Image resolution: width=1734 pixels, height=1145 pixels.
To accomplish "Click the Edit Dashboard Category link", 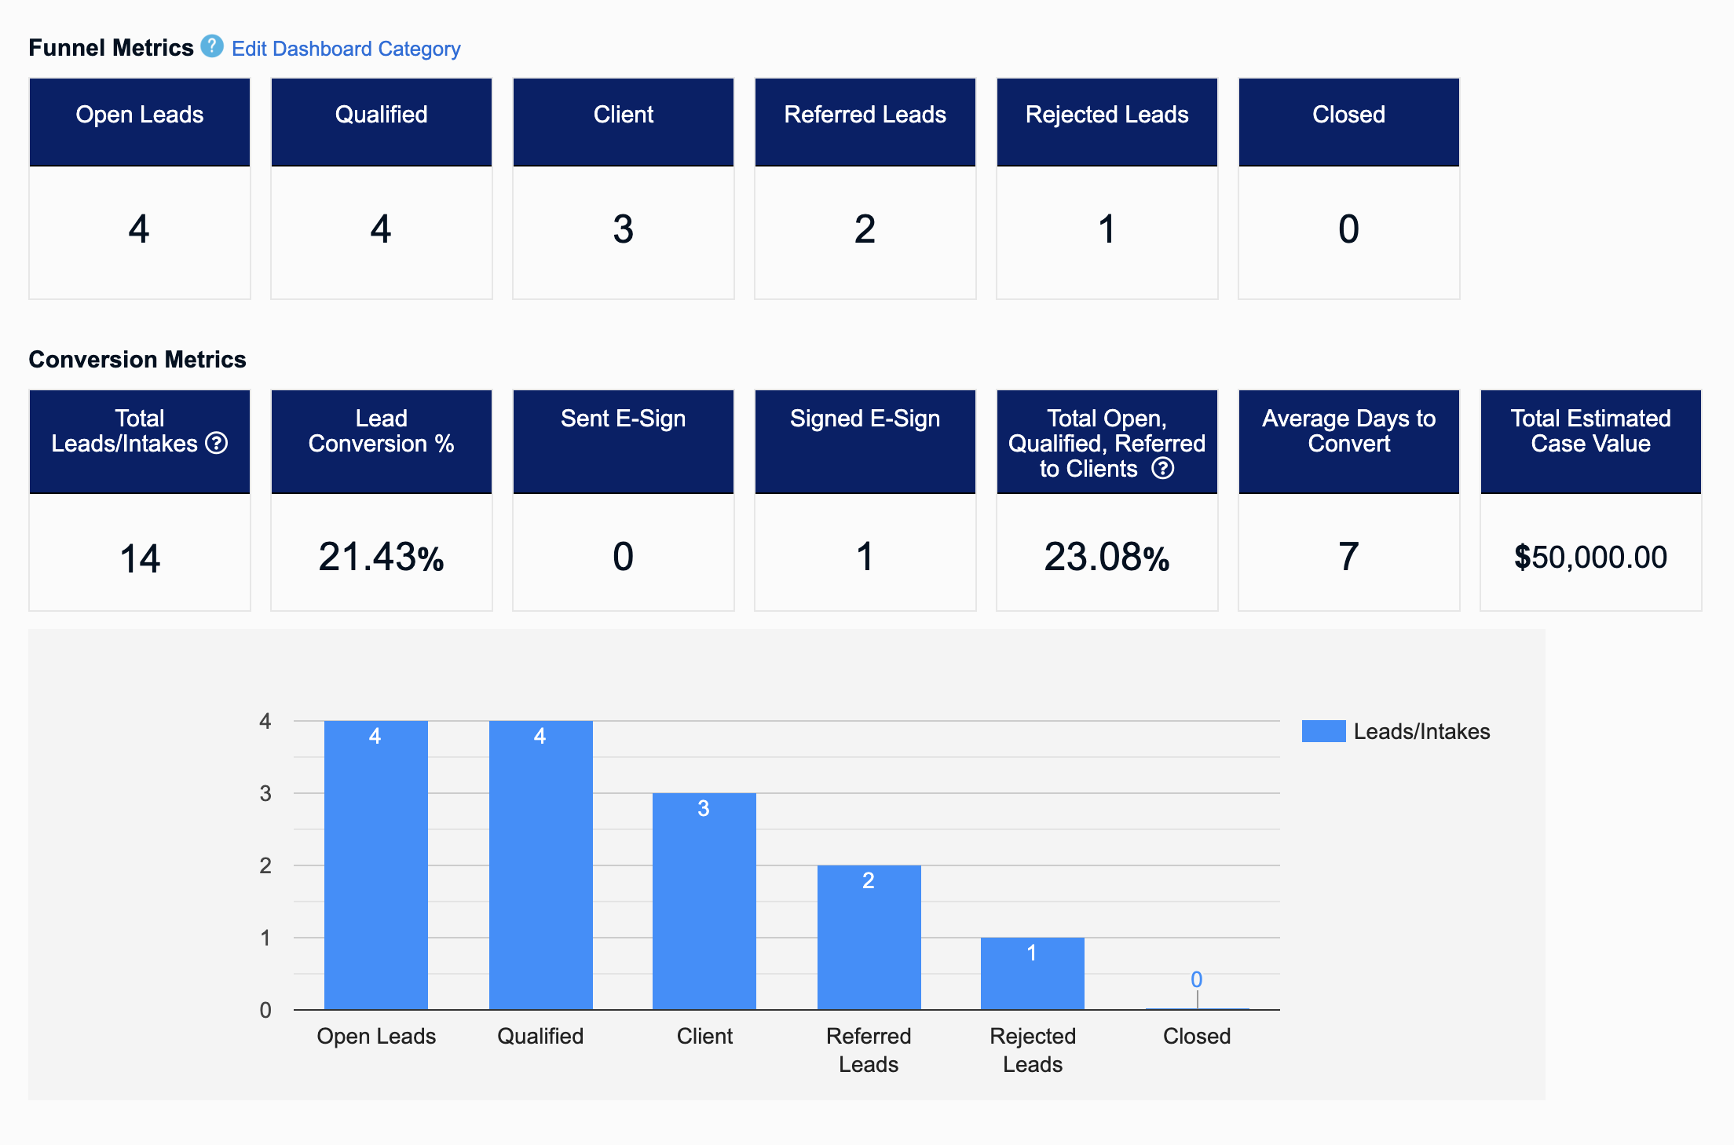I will [346, 49].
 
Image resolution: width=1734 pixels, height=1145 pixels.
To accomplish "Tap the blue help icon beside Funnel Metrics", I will [211, 46].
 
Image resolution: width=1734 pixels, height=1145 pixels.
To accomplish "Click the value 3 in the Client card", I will [623, 229].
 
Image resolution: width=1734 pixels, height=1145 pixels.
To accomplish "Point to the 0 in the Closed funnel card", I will [1348, 229].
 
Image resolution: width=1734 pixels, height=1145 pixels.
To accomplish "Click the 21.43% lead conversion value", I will [381, 557].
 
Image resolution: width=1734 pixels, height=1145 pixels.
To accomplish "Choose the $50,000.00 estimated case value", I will [1590, 557].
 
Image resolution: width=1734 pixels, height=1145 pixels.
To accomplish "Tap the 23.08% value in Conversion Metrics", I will [1107, 557].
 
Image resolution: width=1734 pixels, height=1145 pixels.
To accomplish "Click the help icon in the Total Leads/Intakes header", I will [217, 444].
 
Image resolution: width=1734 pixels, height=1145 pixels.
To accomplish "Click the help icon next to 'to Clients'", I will [1162, 469].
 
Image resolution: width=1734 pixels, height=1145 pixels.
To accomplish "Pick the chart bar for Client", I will [704, 903].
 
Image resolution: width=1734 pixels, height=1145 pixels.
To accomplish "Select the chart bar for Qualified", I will [540, 864].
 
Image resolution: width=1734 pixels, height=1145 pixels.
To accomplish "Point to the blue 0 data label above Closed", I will [1196, 979].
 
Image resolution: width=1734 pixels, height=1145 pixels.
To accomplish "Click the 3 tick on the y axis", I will [265, 793].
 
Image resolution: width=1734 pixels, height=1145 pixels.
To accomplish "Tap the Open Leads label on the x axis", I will [376, 1036].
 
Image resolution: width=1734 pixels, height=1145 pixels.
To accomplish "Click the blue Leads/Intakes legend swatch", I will [1323, 731].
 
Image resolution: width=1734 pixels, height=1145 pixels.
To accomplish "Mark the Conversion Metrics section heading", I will [137, 360].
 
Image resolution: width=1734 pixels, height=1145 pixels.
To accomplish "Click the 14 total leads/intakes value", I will [140, 558].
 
